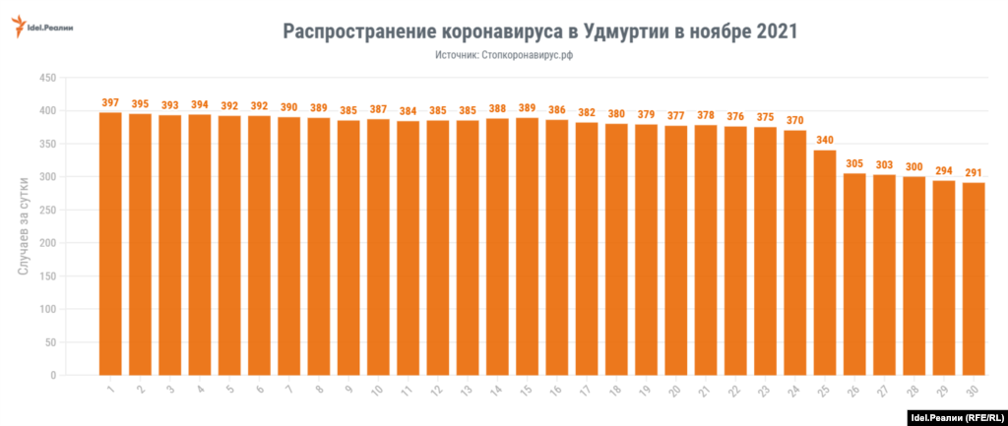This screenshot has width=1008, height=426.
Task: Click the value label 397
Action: click(110, 102)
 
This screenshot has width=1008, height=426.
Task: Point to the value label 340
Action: click(825, 140)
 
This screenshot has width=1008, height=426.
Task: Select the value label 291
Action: click(974, 172)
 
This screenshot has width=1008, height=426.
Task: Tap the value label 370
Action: click(795, 120)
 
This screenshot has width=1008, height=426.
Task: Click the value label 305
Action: click(854, 163)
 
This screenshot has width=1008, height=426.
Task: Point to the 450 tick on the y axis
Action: click(45, 78)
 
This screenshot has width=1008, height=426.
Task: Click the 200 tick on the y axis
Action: click(45, 243)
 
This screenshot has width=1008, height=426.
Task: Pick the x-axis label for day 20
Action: click(674, 391)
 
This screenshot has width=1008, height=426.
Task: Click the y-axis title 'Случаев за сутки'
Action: click(23, 226)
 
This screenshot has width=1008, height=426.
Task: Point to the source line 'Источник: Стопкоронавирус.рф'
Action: click(504, 57)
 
